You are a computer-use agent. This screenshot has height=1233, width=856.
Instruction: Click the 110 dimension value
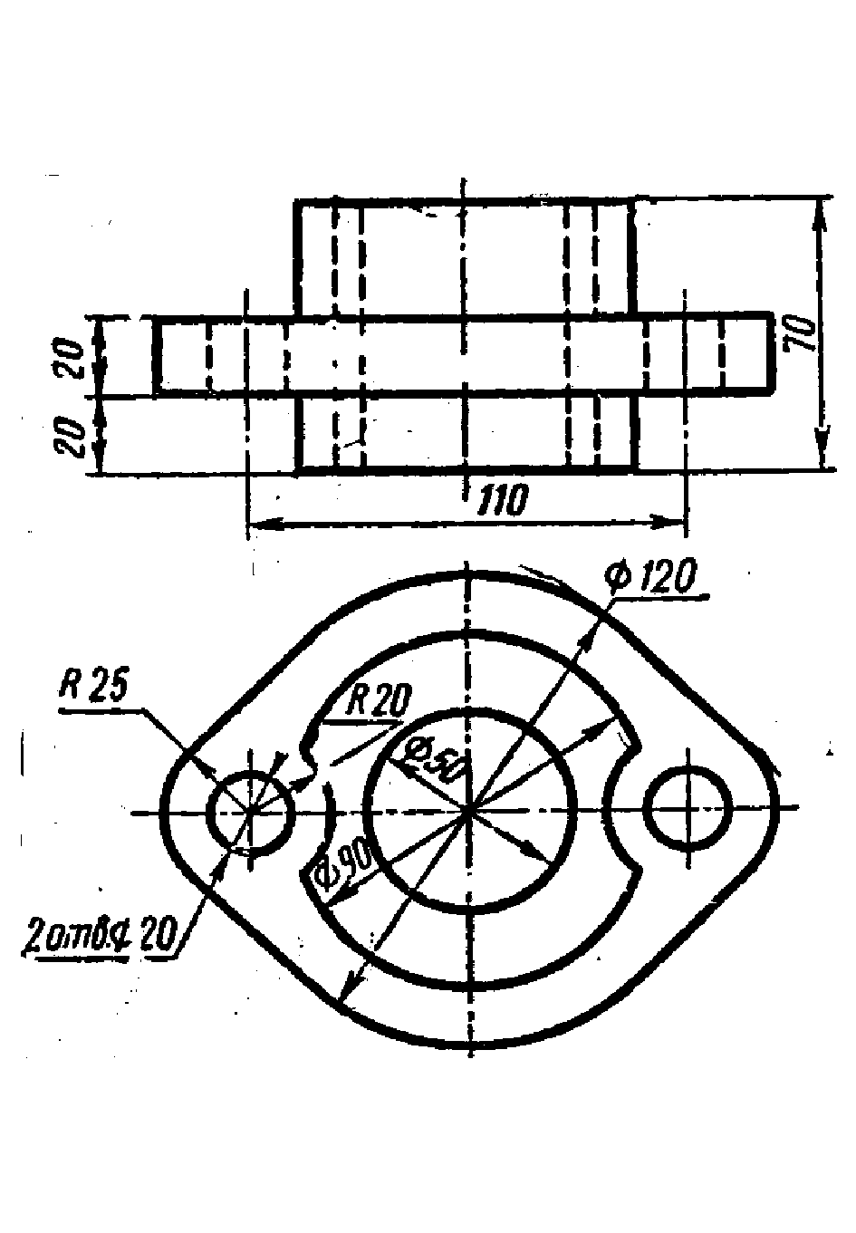[x=501, y=501]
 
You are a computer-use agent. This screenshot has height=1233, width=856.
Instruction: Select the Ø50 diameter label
[x=433, y=759]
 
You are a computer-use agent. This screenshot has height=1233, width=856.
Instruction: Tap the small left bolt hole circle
[x=251, y=812]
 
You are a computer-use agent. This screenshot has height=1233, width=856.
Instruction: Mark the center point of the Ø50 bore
[x=468, y=809]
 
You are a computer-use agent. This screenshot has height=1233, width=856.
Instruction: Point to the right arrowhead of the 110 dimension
[x=674, y=522]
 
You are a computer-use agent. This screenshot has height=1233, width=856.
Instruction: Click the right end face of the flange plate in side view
[x=772, y=353]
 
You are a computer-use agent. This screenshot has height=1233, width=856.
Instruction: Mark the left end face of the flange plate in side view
[x=157, y=355]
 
